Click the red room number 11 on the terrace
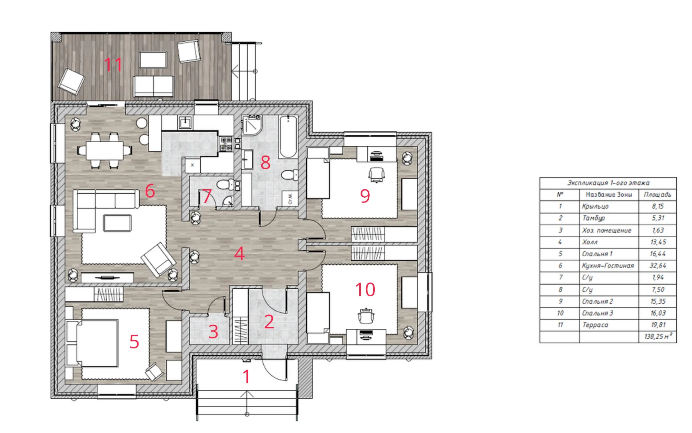tap(113, 65)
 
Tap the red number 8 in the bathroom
tap(265, 162)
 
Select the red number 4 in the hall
tap(239, 253)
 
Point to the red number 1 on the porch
tap(246, 376)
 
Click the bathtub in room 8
tap(288, 137)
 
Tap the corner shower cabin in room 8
tap(252, 125)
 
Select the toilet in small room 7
tap(224, 185)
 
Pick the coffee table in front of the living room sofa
tap(117, 223)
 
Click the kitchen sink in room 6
tap(185, 122)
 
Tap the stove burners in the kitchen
tap(226, 144)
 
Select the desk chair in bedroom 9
tap(377, 175)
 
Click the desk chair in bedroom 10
tap(366, 316)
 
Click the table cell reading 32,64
tap(657, 265)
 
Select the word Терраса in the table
tap(595, 325)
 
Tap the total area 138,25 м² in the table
tap(658, 336)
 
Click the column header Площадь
tap(657, 194)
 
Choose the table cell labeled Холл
tap(590, 242)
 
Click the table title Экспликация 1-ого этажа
tap(608, 183)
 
